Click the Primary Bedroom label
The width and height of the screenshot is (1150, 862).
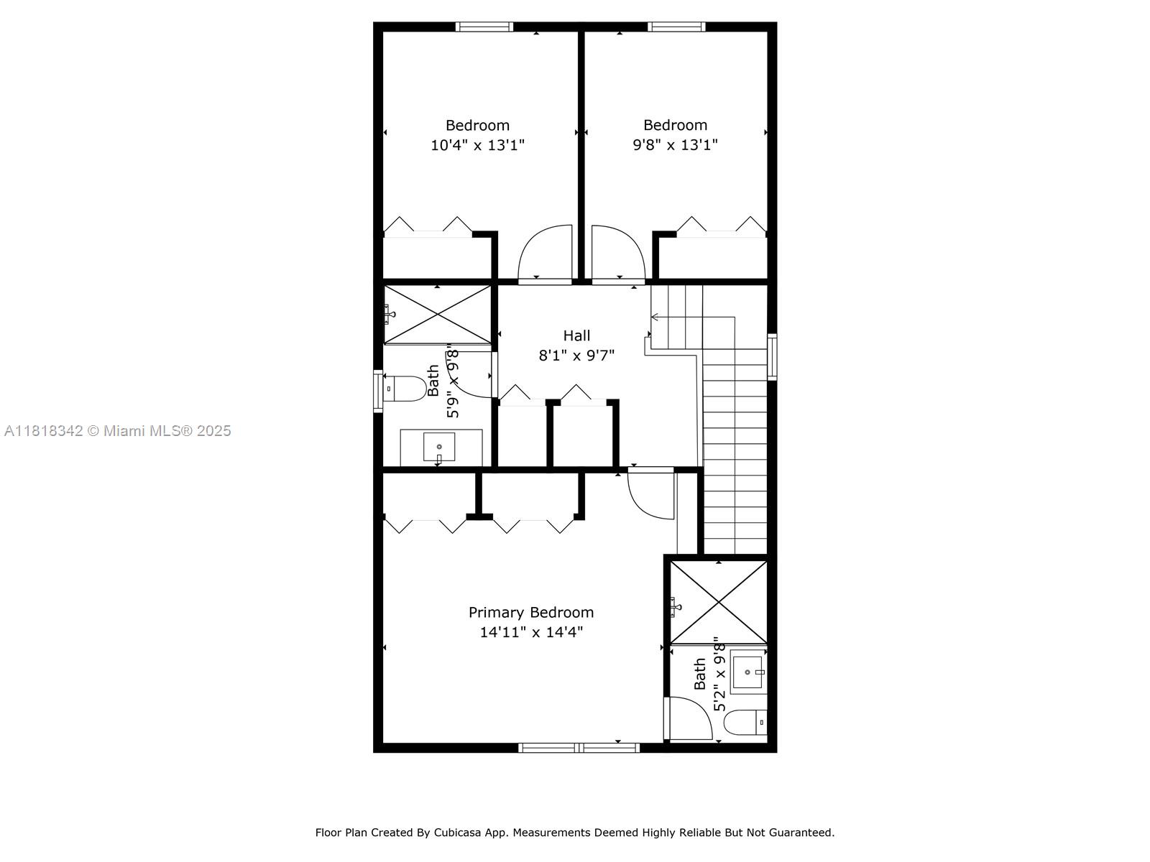click(531, 612)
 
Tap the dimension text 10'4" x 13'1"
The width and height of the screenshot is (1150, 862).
click(477, 145)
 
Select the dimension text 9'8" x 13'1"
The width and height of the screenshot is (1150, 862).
click(675, 145)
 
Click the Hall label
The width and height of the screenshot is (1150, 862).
click(576, 335)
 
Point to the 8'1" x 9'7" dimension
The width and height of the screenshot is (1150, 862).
click(576, 355)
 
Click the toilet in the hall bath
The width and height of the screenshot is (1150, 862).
click(404, 389)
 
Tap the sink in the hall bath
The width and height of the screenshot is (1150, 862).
click(438, 447)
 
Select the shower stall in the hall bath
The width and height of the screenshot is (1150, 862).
click(438, 315)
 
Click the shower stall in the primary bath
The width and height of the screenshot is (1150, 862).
click(718, 602)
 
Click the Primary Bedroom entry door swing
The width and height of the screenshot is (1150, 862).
click(650, 494)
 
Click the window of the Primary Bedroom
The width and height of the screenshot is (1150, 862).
click(579, 748)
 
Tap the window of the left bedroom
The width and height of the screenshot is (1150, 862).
click(484, 27)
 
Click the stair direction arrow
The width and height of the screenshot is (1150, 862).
click(657, 317)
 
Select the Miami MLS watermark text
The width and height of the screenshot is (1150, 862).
click(118, 431)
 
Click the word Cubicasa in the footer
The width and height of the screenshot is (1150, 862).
click(453, 833)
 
